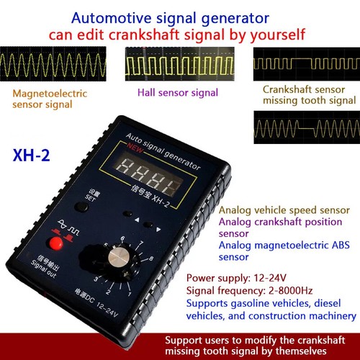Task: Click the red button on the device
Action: point(55,244)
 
